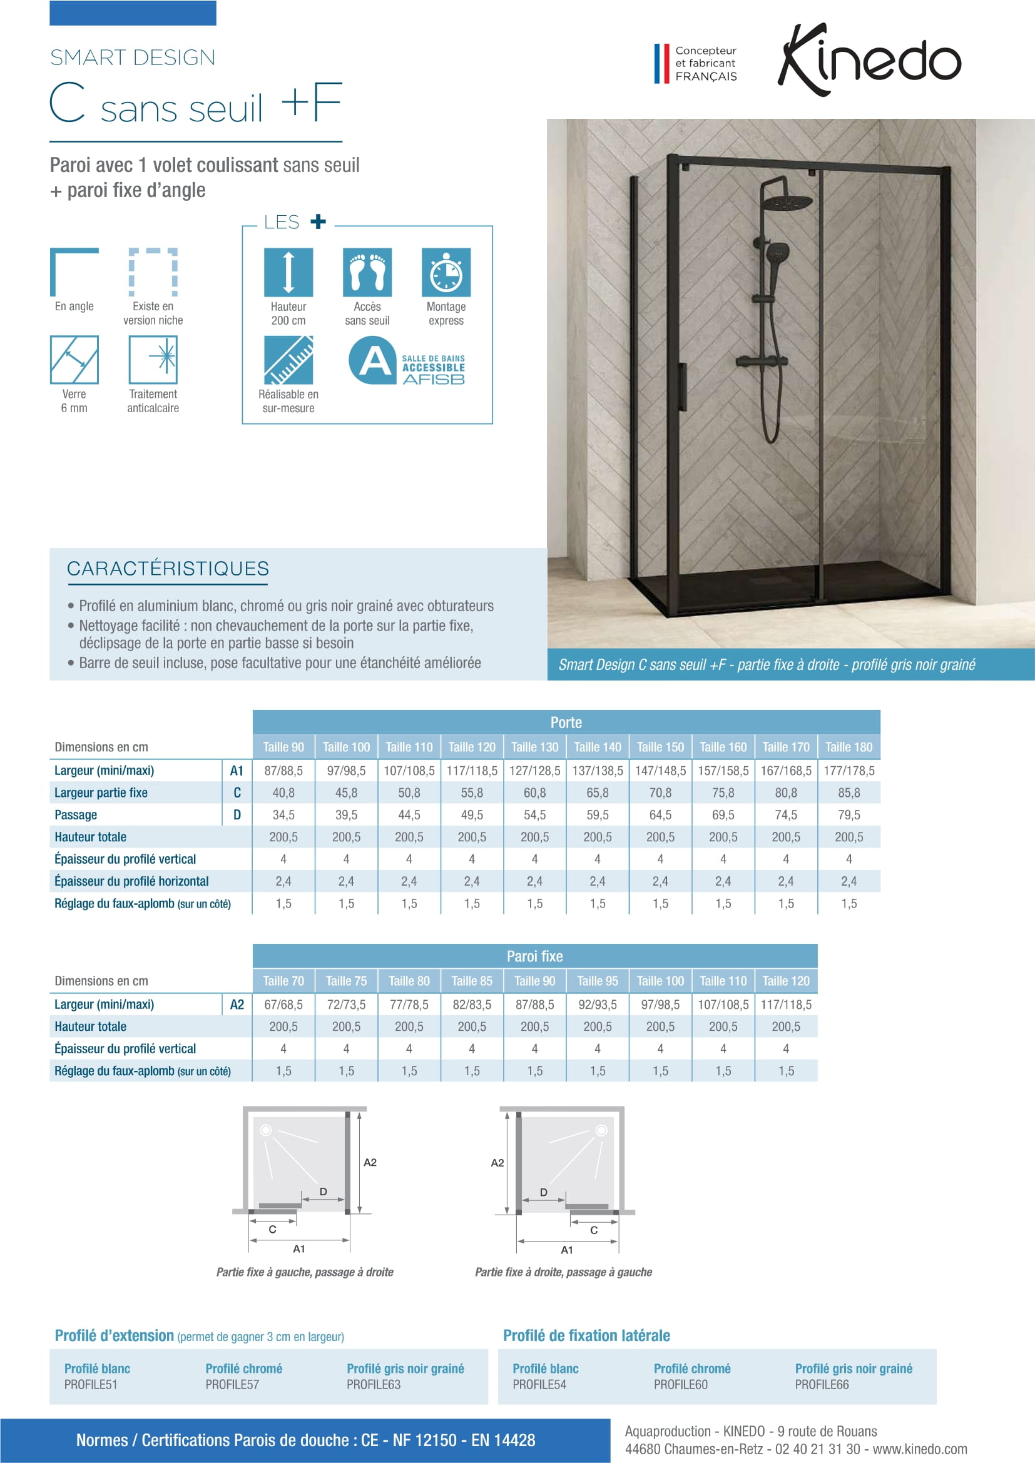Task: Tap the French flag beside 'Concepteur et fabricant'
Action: point(661,63)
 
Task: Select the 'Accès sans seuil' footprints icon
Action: point(367,272)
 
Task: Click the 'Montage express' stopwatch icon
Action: point(446,272)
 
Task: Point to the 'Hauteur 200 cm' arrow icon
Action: point(288,272)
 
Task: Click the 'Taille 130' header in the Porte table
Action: point(534,747)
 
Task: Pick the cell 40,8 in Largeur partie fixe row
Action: point(283,792)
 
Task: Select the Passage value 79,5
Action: point(849,815)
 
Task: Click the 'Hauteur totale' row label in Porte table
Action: point(91,838)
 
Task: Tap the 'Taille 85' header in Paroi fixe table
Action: point(472,981)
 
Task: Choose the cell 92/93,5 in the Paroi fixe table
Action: point(597,1005)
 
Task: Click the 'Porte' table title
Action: point(566,722)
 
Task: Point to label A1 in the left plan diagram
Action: point(299,1249)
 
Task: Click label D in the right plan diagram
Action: point(544,1192)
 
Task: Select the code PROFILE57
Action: point(232,1385)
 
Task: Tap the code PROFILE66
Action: point(822,1385)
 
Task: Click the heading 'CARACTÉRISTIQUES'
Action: point(168,569)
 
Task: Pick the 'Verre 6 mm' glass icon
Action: point(74,360)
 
